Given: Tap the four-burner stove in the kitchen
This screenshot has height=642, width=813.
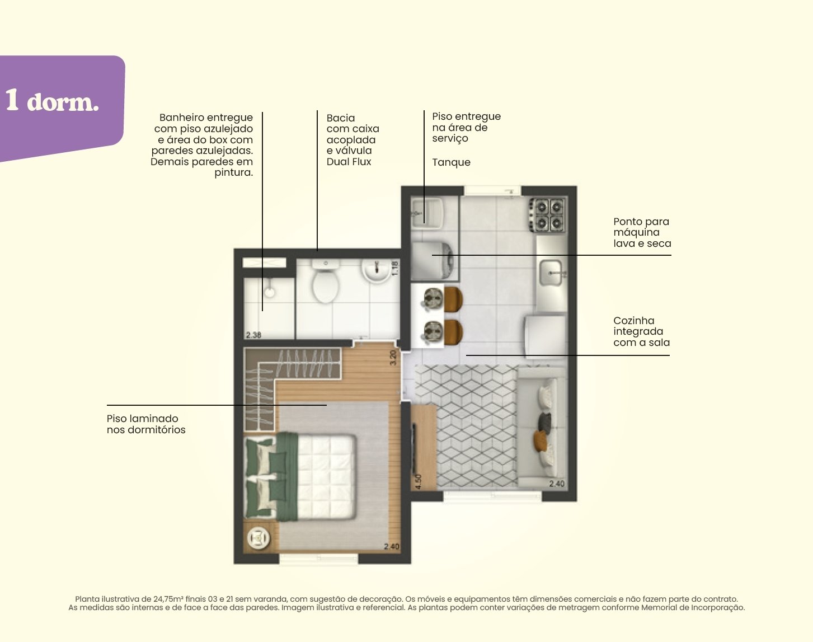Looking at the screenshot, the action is coord(548,215).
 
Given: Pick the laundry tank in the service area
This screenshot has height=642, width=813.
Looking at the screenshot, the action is coord(427,213).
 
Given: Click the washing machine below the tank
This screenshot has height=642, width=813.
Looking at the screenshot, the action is coord(433,261).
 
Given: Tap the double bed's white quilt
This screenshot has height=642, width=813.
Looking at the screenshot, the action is coord(326,476).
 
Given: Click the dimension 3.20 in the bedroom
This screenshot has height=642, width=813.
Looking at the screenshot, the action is coord(393,358).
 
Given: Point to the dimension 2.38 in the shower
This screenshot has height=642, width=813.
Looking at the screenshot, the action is coord(253,335).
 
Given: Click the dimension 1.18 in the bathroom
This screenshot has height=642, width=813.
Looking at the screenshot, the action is coord(395,268).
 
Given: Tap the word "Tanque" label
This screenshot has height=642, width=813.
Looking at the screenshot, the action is coord(451,162).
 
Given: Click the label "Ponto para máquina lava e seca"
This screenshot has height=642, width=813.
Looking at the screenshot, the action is coord(642,232).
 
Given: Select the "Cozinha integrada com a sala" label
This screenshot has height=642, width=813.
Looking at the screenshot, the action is coord(641,331).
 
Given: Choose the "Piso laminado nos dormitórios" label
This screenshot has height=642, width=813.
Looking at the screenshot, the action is coord(146,424).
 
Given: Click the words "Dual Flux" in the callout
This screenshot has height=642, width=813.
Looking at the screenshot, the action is coord(349,162).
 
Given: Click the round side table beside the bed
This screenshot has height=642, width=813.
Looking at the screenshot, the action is coord(259,537).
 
